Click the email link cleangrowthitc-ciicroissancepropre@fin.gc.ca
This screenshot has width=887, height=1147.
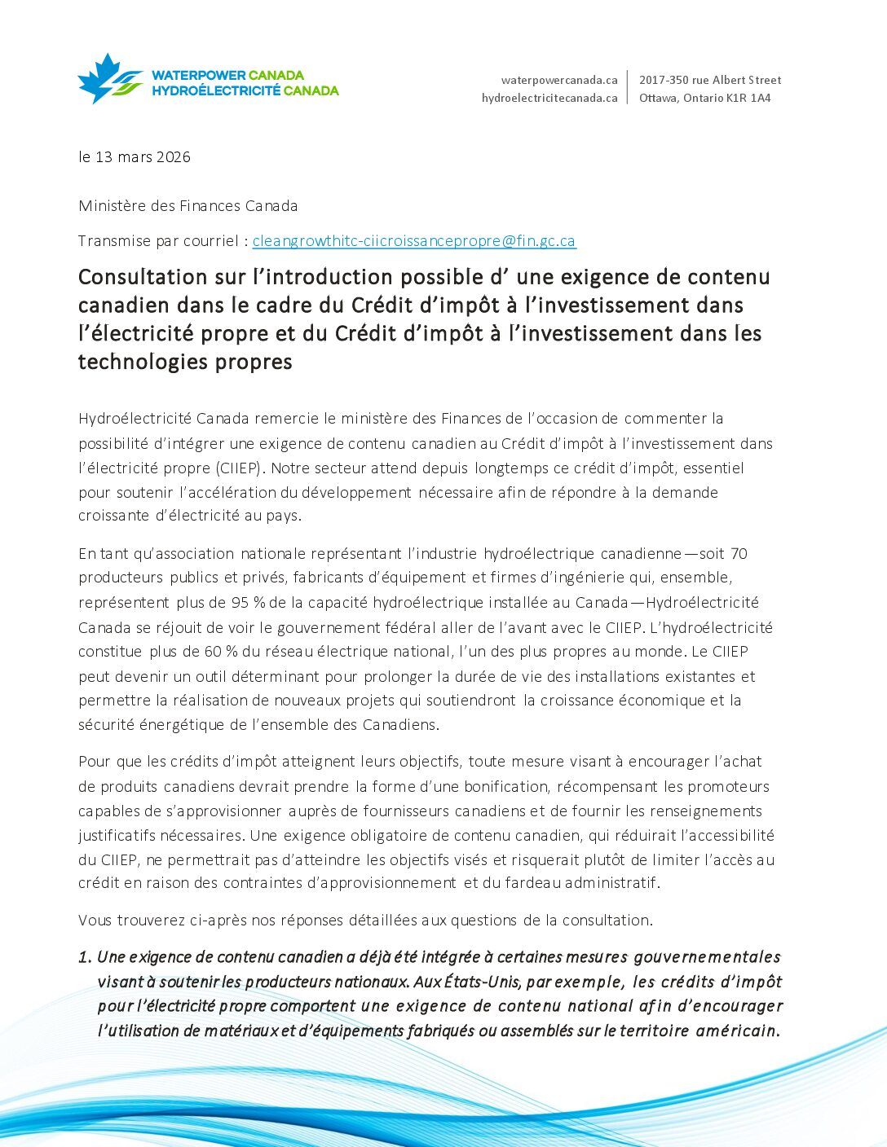[x=414, y=241]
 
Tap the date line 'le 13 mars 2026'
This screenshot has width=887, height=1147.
[x=135, y=157]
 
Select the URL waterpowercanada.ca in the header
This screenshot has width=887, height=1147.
[x=558, y=80]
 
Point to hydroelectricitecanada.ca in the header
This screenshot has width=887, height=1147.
[x=549, y=98]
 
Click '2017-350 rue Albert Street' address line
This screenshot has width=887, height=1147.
[x=709, y=80]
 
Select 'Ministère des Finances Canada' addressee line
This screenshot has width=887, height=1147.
[x=188, y=206]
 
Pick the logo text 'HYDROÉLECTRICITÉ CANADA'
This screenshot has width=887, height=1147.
[x=245, y=90]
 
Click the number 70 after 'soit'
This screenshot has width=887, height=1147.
[x=739, y=554]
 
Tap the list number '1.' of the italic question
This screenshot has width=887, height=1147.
[x=85, y=957]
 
